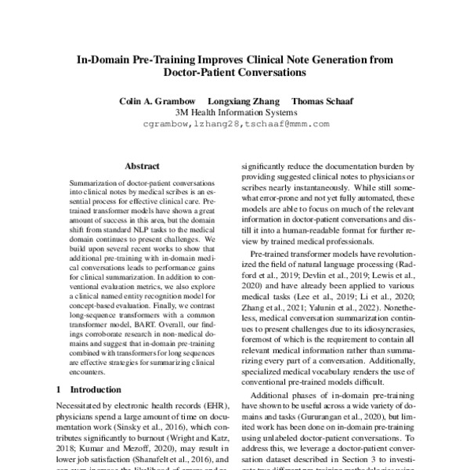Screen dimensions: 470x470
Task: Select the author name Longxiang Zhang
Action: coord(243,101)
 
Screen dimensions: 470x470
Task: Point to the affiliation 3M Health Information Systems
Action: coord(236,112)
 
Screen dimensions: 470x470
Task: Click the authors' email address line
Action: coord(236,124)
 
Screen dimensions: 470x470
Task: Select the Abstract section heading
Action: coord(142,166)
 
